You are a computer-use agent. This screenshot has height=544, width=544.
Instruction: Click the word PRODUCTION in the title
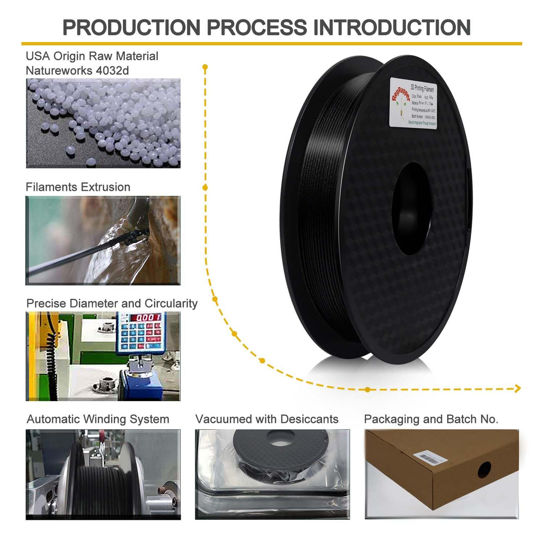coord(131,28)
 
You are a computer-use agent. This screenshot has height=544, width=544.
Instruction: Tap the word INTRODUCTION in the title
coord(392,28)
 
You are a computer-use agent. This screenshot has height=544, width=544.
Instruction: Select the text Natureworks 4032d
coord(77,71)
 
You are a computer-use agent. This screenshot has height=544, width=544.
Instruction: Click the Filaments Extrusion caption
coord(78,187)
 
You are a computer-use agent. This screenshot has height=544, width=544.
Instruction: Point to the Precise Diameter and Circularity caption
coord(112,303)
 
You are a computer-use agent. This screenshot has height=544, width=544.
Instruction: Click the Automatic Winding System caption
coord(98,419)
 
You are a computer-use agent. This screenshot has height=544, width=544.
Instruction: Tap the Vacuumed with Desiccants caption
coord(267,419)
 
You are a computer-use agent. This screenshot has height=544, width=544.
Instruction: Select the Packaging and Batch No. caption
coord(431,419)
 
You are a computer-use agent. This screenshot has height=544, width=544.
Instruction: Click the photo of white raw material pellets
coord(103,123)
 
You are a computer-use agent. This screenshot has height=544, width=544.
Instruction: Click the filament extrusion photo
coord(103,240)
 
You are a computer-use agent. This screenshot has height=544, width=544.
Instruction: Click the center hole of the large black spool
coord(411,208)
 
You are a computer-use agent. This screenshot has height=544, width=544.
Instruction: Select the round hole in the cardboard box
coord(484,469)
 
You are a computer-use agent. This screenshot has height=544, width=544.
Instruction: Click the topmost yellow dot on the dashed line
coord(205,68)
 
